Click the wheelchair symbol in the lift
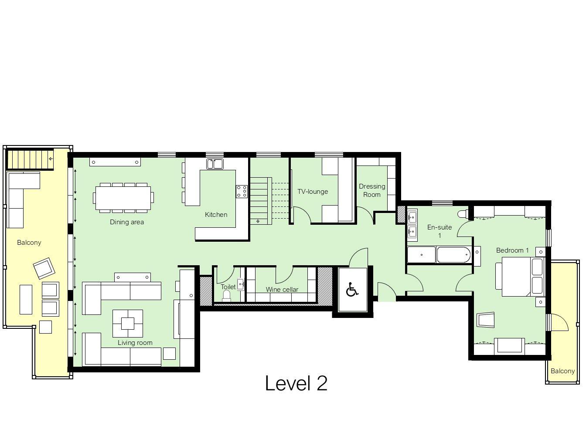pyautogui.click(x=352, y=290)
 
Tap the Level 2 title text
pyautogui.click(x=296, y=384)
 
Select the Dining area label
pyautogui.click(x=127, y=222)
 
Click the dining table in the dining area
pyautogui.click(x=123, y=198)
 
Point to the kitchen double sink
pyautogui.click(x=215, y=164)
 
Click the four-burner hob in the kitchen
pyautogui.click(x=242, y=191)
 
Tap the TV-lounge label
pyautogui.click(x=313, y=192)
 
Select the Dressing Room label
pyautogui.click(x=372, y=190)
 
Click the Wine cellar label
pyautogui.click(x=282, y=289)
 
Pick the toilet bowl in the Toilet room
pyautogui.click(x=226, y=296)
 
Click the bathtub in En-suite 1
pyautogui.click(x=453, y=255)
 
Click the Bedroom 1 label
pyautogui.click(x=512, y=250)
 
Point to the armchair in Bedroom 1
pyautogui.click(x=486, y=320)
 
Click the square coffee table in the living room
pyautogui.click(x=128, y=324)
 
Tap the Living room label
pyautogui.click(x=135, y=343)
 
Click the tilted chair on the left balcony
pyautogui.click(x=44, y=268)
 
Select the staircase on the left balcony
pyautogui.click(x=30, y=159)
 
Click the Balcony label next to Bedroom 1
pyautogui.click(x=562, y=371)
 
